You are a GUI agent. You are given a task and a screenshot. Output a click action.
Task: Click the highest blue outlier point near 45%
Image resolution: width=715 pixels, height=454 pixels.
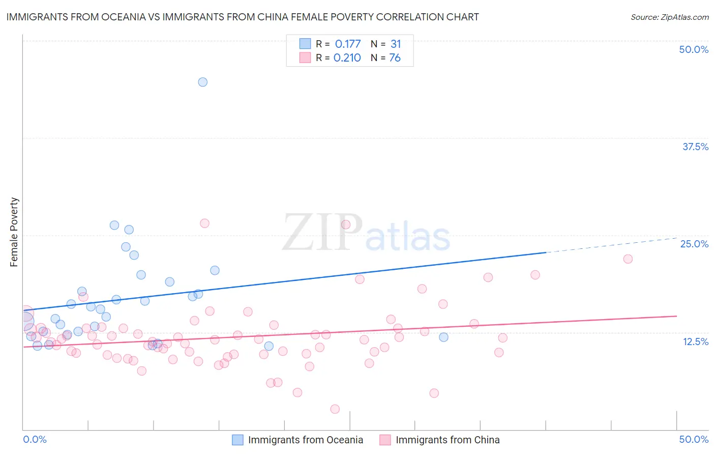click(x=202, y=82)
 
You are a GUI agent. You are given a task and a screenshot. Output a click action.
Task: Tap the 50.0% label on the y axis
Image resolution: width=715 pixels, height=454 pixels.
click(x=694, y=49)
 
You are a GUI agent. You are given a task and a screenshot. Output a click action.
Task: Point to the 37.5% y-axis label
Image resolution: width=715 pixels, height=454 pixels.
click(x=695, y=147)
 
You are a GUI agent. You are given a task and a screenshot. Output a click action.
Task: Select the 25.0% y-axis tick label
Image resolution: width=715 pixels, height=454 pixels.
click(x=694, y=244)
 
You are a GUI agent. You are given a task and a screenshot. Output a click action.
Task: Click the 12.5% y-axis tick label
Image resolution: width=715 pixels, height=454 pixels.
click(x=695, y=342)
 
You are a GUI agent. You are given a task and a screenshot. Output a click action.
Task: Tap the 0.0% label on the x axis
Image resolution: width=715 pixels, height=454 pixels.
click(x=35, y=439)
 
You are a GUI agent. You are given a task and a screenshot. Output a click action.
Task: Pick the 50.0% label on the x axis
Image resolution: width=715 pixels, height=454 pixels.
click(x=694, y=439)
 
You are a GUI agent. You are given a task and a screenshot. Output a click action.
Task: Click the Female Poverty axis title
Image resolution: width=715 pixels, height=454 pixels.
click(x=14, y=232)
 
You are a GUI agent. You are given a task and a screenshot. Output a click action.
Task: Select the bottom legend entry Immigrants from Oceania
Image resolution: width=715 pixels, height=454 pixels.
click(x=305, y=440)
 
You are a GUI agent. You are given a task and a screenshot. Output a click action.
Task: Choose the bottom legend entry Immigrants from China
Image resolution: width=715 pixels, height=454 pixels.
click(x=448, y=440)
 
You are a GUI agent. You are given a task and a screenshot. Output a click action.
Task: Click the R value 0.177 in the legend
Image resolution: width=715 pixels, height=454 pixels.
click(x=348, y=44)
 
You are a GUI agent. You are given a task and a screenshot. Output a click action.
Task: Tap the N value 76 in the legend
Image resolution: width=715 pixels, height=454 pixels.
click(x=395, y=58)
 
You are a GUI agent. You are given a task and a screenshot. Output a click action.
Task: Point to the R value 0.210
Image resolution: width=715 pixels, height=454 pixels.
click(x=347, y=58)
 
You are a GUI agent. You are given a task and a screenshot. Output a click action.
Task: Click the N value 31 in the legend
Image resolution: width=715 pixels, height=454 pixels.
click(x=396, y=44)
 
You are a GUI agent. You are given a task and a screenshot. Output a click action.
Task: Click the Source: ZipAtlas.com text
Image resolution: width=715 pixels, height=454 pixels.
click(x=669, y=17)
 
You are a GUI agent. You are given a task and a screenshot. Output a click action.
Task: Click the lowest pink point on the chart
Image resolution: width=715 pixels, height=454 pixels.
click(x=335, y=409)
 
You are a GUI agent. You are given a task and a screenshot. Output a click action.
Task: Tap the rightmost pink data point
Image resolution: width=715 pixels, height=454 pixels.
click(x=628, y=259)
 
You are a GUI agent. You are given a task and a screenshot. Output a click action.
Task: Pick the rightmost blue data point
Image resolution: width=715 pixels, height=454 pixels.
click(x=443, y=337)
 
